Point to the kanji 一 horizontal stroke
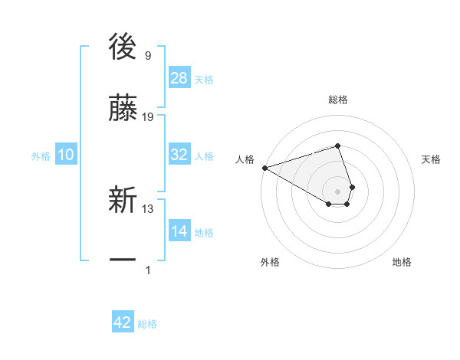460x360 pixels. point(123,260)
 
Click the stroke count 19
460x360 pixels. point(149,116)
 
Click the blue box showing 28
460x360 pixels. point(179,78)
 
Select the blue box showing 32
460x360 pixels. point(179,155)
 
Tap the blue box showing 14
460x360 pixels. point(179,231)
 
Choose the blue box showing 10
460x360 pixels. point(66,155)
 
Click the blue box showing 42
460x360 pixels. point(123,322)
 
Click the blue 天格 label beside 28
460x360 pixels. point(204,80)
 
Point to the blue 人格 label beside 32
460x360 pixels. point(204,155)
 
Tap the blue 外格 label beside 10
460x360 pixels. point(41,155)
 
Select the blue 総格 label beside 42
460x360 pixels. point(147,324)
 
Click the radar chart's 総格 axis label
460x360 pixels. point(338,100)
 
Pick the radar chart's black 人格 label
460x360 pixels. point(245,159)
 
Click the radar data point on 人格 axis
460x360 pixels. point(264,168)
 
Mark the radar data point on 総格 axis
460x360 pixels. point(338,146)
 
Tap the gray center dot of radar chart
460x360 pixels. point(338,191)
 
